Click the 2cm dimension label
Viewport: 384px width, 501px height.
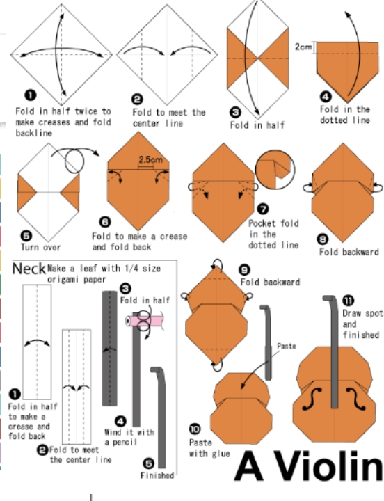(x=303, y=47)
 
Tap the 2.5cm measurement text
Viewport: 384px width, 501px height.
(x=150, y=159)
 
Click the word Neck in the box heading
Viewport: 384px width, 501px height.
(x=29, y=269)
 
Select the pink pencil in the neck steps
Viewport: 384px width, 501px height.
(x=145, y=321)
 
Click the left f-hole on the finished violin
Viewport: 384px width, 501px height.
(x=312, y=399)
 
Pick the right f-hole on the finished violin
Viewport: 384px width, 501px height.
(x=356, y=399)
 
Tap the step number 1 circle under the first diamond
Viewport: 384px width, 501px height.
(x=31, y=95)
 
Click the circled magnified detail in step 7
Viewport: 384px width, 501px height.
(x=275, y=169)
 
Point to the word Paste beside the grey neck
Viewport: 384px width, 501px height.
(x=286, y=346)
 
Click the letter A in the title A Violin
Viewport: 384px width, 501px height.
(x=249, y=466)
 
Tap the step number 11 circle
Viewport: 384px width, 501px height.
(x=349, y=301)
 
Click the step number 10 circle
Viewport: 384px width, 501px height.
(x=195, y=429)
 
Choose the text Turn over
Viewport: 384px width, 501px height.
(x=40, y=247)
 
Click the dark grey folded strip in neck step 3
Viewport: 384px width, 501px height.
(x=110, y=349)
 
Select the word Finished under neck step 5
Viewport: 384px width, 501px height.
(x=157, y=475)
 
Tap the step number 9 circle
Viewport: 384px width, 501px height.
(x=244, y=270)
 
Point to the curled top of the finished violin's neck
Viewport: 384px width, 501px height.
(x=330, y=299)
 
